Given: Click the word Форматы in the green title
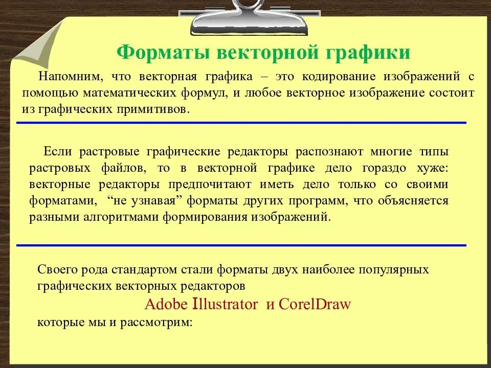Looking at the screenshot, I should (163, 53).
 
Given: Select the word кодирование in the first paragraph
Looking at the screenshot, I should (339, 77).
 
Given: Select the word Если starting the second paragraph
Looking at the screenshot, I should (54, 151).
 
